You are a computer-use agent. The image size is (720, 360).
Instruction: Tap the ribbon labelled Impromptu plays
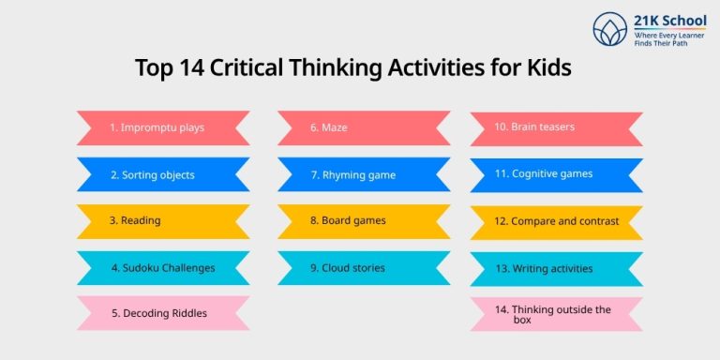click(x=162, y=127)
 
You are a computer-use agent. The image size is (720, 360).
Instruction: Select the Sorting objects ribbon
click(x=162, y=174)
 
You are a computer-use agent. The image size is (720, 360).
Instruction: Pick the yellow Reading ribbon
click(x=162, y=221)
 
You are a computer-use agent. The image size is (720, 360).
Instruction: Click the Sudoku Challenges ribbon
click(x=162, y=268)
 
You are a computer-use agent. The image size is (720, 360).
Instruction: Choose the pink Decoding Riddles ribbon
click(x=162, y=313)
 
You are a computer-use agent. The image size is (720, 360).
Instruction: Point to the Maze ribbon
click(x=364, y=127)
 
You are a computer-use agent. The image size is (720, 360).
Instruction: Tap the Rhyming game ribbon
click(x=364, y=174)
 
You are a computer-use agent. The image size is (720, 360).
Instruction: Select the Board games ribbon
click(x=364, y=221)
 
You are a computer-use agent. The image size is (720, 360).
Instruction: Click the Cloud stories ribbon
click(x=364, y=268)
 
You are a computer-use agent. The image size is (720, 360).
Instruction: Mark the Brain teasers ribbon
click(x=556, y=127)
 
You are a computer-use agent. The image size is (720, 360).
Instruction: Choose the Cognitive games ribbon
click(x=556, y=173)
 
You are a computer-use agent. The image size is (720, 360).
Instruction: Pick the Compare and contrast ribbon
click(x=556, y=222)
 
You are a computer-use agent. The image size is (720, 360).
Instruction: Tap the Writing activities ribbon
click(x=556, y=269)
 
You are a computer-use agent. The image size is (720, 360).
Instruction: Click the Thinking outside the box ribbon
click(x=556, y=314)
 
